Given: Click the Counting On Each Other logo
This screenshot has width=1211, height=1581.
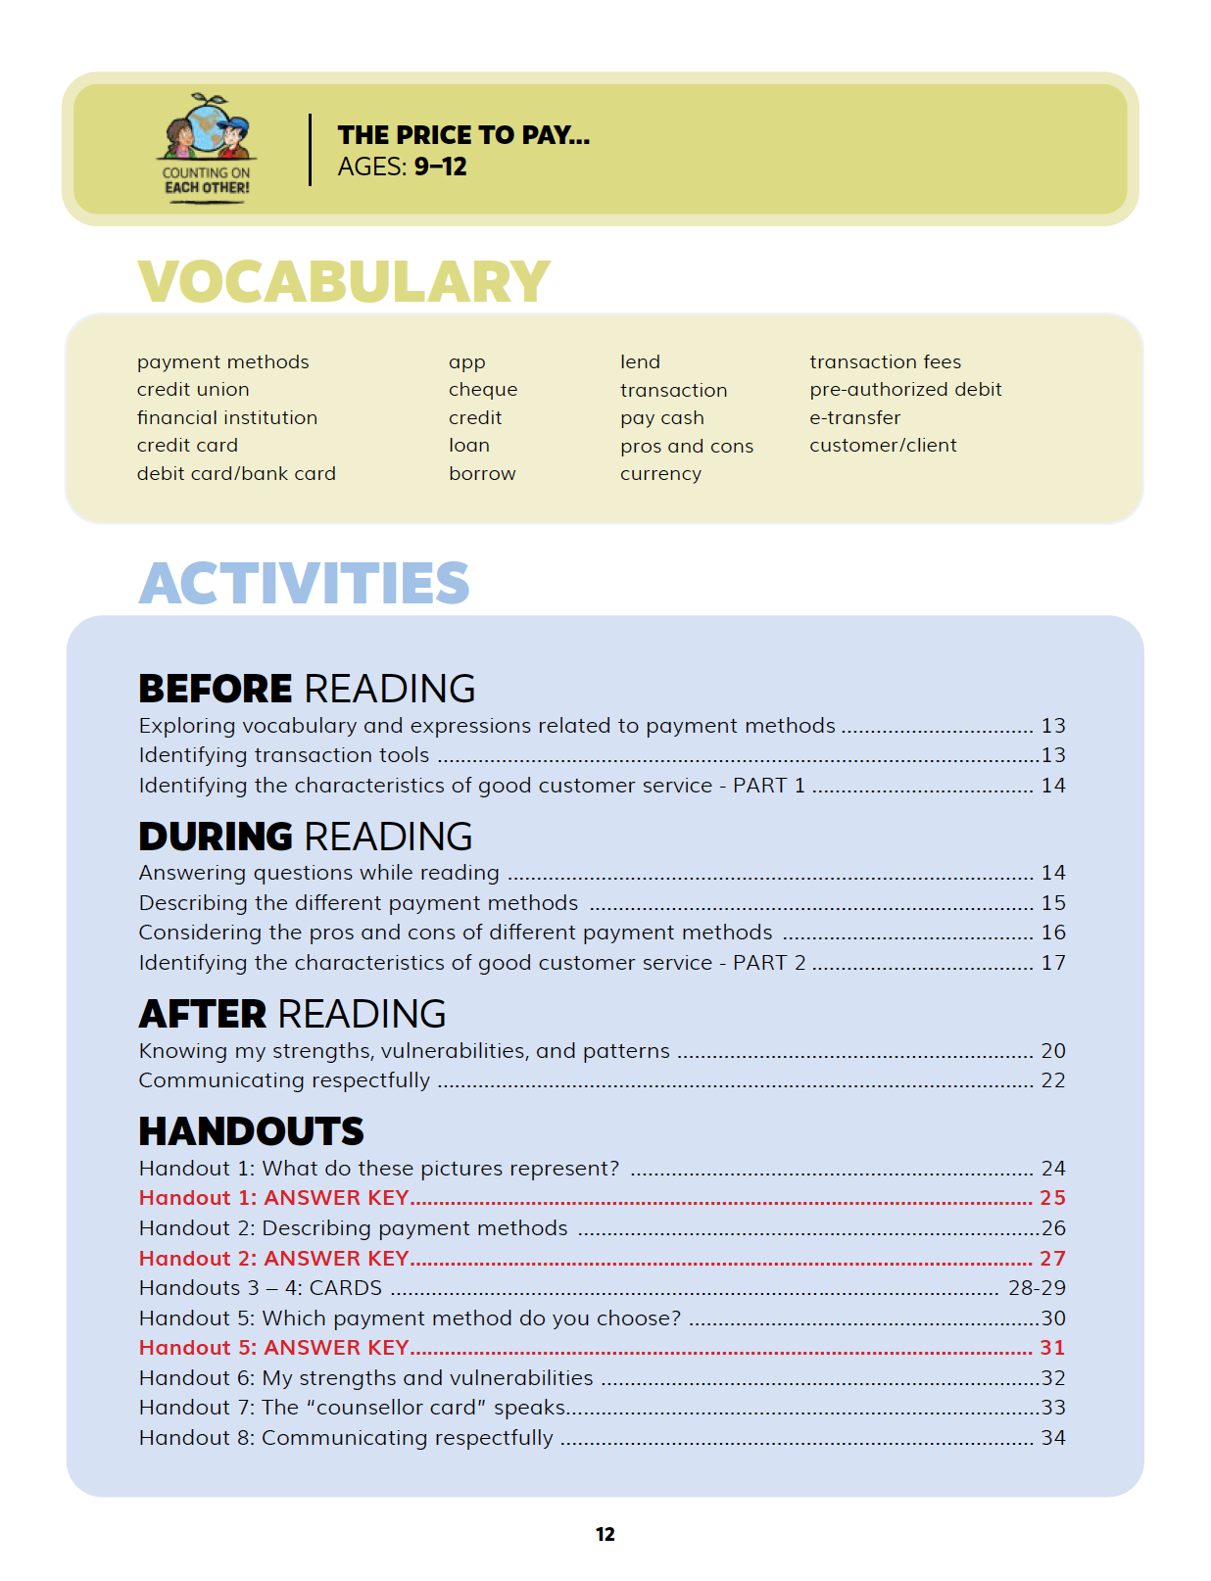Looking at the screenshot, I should click(x=207, y=148).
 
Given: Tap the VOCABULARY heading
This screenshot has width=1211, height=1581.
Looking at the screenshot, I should click(x=344, y=282).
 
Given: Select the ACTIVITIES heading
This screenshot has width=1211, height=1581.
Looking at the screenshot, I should click(x=304, y=584).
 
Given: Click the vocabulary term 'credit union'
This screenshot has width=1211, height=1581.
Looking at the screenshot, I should click(x=193, y=390).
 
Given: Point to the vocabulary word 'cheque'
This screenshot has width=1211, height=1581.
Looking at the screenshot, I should click(x=483, y=390).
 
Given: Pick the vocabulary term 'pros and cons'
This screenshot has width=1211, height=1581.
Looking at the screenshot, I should click(x=686, y=447).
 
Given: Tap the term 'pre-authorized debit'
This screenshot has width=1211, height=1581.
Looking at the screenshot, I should click(x=905, y=390).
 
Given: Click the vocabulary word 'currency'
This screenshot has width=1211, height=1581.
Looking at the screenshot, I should click(x=660, y=474).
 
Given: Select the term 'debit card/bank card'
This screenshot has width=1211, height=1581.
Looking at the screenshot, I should click(x=236, y=474).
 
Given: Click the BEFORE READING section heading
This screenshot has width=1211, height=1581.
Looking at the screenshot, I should click(x=307, y=689).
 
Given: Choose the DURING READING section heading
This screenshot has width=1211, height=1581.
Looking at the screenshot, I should click(x=306, y=837).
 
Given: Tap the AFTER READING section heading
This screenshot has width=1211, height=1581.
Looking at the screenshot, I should click(x=292, y=1014).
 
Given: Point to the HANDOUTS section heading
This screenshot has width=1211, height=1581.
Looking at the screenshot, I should click(x=251, y=1132).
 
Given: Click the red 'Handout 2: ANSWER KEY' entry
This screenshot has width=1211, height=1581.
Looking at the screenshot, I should click(x=273, y=1259).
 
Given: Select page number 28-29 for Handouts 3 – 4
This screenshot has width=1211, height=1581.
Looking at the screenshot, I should click(x=1037, y=1288).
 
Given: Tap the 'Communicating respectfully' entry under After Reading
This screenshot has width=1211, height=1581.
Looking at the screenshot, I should click(x=284, y=1080).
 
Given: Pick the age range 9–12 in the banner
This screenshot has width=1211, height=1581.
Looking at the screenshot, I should click(x=440, y=167).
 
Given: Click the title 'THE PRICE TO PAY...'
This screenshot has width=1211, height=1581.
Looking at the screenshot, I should click(x=463, y=135).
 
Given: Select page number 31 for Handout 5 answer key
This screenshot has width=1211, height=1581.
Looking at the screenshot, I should click(x=1052, y=1348).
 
